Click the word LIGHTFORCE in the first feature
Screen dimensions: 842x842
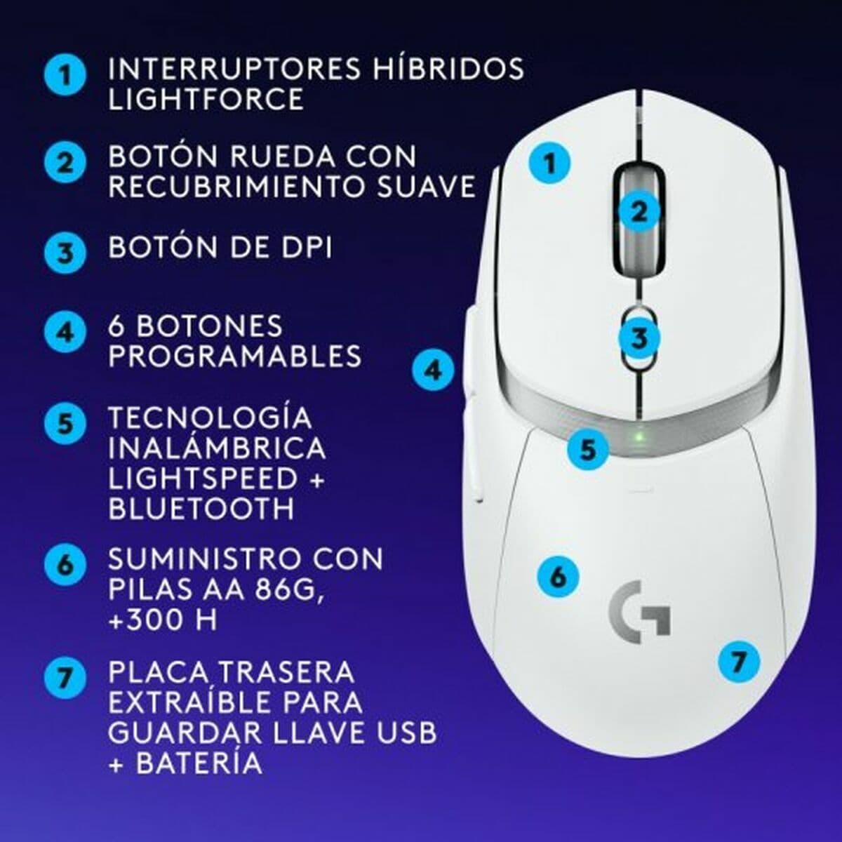206,99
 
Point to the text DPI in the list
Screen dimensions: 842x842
302,248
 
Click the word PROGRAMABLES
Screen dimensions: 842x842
235,356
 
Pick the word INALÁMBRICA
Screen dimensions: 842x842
217,448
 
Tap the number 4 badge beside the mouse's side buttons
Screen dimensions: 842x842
433,369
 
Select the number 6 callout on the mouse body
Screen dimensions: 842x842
558,577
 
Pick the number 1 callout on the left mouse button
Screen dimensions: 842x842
549,163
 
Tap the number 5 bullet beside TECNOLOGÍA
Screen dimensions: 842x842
65,424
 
